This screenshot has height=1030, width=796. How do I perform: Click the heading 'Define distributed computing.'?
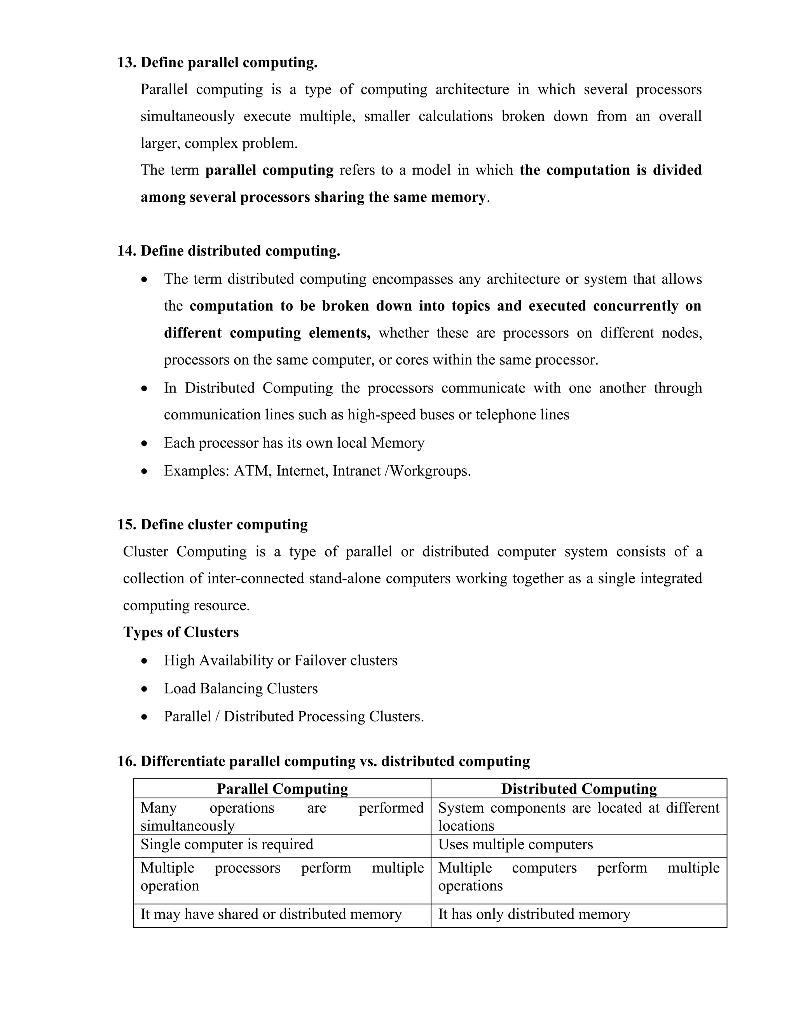[x=240, y=251]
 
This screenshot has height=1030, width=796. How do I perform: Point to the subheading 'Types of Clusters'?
[x=181, y=632]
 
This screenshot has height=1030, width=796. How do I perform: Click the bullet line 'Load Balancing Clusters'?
[x=241, y=689]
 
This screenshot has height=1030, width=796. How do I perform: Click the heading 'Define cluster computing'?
[x=224, y=524]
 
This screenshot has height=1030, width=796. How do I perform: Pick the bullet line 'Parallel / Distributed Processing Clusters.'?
[x=293, y=716]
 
